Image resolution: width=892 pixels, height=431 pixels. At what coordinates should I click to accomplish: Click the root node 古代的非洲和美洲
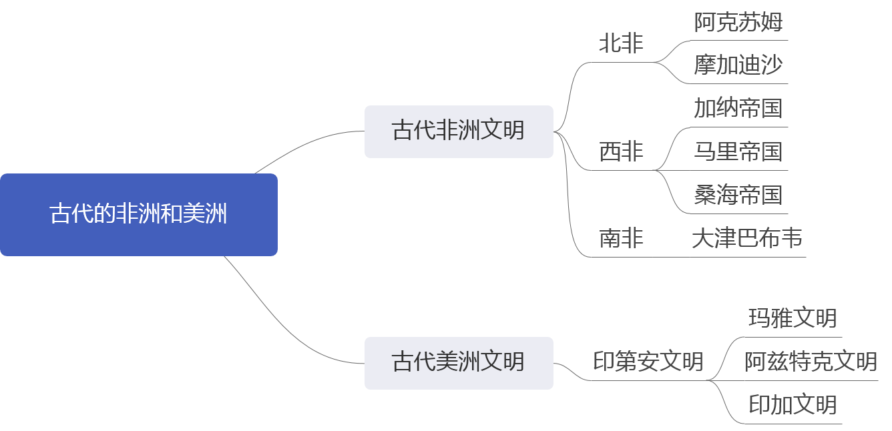coord(138,214)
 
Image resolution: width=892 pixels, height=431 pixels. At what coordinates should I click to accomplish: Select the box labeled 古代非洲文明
coord(459,131)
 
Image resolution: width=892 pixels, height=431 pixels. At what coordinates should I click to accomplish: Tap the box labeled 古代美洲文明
coord(459,362)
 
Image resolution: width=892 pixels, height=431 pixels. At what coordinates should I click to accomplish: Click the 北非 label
coord(621,44)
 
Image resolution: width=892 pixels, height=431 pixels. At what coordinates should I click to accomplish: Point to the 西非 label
coord(621,152)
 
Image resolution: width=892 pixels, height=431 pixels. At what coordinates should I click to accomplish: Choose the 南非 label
coord(621,238)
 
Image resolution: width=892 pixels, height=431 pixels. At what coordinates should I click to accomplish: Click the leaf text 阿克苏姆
coord(738,22)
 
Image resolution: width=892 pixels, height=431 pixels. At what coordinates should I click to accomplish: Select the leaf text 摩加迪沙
coord(738,65)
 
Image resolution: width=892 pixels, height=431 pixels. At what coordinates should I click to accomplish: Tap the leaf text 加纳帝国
coord(738,108)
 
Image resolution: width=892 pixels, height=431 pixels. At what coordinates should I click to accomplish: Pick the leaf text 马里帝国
coord(738,151)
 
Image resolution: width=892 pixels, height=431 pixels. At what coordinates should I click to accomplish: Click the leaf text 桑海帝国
coord(738,195)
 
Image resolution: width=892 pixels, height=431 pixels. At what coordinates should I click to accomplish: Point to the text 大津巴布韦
coord(747,238)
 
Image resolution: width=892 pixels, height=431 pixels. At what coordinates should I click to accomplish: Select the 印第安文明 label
coord(648,362)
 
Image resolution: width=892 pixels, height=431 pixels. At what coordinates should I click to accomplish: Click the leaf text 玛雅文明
coord(792,318)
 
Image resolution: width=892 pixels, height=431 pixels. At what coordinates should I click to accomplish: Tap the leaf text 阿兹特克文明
coord(811,362)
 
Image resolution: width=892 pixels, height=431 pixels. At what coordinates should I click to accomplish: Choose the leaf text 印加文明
coord(792,405)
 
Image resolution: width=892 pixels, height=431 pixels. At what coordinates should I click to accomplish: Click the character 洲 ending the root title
coord(217,214)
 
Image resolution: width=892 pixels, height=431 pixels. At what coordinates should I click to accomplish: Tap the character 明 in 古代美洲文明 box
coord(513,362)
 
